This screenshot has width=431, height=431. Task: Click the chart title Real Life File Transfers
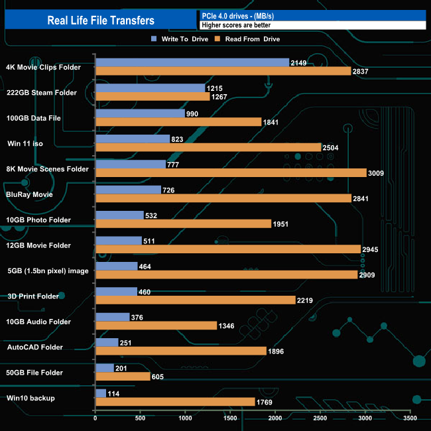coord(101,21)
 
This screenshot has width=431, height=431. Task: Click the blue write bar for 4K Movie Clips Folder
coord(192,62)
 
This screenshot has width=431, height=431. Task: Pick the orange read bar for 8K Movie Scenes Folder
coord(231,172)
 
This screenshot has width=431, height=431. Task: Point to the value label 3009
coord(376,173)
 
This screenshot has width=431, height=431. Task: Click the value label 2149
coord(299,63)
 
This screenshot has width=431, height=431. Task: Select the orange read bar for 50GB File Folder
coord(123,376)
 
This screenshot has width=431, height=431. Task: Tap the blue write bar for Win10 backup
coord(101,393)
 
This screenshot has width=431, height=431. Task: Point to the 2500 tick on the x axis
coord(320,418)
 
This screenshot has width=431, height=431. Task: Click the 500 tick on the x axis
coord(141,418)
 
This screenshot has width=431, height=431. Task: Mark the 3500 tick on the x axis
coord(410,418)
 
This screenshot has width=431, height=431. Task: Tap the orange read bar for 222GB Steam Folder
coord(153,96)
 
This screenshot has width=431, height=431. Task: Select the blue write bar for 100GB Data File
coord(140,113)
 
